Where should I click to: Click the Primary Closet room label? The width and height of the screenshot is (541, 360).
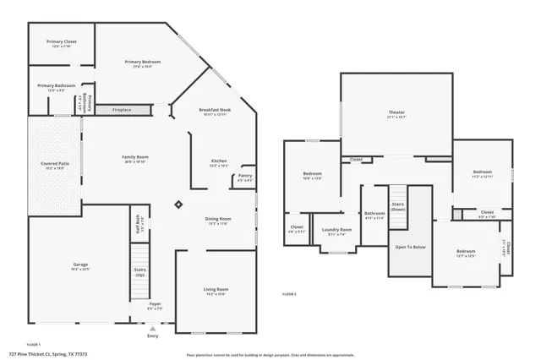pos(62,42)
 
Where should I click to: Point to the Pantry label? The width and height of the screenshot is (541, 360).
pos(244,177)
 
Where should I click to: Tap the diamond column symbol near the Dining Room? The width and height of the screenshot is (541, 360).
pos(178,204)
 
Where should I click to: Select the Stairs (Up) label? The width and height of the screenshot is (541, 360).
pos(139,273)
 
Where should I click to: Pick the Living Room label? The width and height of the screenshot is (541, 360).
pos(216,291)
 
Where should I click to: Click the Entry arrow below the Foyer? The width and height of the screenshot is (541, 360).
pos(152,328)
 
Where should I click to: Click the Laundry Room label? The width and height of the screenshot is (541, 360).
pos(336,232)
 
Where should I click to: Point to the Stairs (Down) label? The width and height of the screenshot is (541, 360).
pos(398,206)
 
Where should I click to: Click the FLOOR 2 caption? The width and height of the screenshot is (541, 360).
pos(289,293)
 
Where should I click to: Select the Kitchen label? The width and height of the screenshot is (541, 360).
pos(218,162)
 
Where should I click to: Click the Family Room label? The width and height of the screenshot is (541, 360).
pos(135,158)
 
